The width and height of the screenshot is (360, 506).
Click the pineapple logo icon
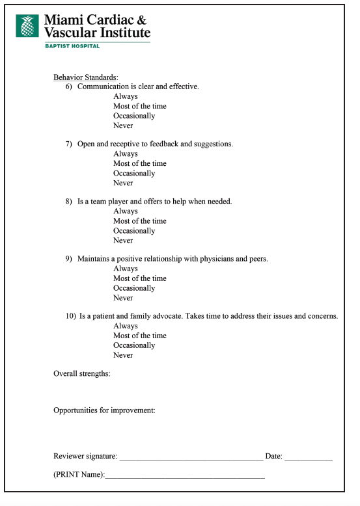click(28, 26)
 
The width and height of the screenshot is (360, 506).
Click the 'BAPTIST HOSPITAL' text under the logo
click(72, 46)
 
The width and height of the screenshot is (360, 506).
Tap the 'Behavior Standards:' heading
click(85, 77)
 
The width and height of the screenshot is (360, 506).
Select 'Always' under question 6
click(126, 96)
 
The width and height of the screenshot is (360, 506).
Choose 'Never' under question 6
click(123, 126)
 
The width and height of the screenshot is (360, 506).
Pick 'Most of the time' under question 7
click(140, 163)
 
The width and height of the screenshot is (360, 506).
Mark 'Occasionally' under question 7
click(134, 173)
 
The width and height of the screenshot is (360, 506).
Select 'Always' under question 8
click(126, 211)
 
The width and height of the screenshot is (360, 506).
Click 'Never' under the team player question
click(123, 240)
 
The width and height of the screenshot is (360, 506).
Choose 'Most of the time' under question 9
click(140, 278)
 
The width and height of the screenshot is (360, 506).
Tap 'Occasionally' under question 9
click(134, 288)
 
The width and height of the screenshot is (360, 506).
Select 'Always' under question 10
click(126, 326)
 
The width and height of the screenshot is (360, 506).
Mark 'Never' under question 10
click(123, 355)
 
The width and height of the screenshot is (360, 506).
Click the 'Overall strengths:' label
click(82, 373)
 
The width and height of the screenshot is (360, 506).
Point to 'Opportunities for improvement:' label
click(104, 410)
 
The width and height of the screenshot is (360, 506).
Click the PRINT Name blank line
click(185, 477)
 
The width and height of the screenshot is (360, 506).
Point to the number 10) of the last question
click(71, 316)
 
